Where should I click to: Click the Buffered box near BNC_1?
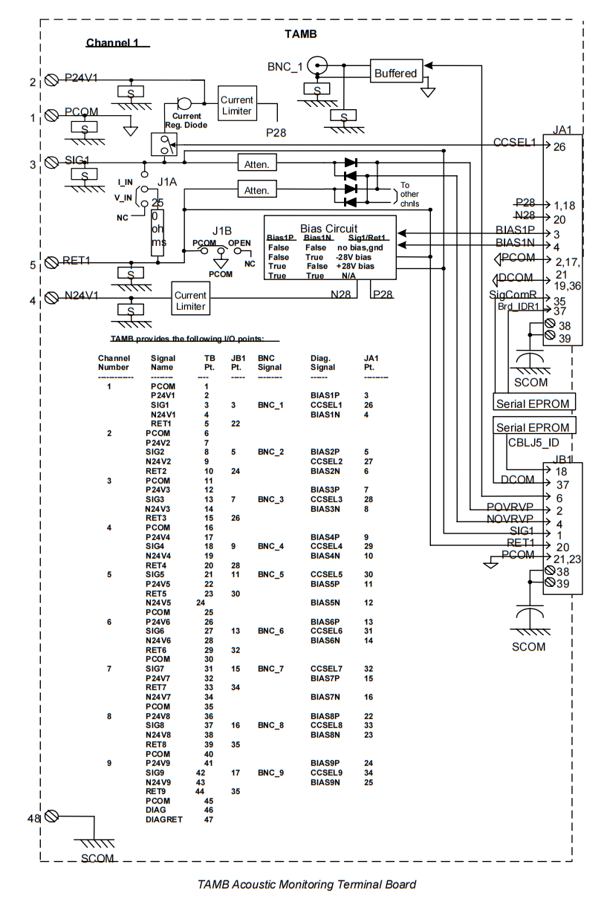395,73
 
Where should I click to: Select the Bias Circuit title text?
328,228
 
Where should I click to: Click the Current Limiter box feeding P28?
237,105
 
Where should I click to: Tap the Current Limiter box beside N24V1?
190,300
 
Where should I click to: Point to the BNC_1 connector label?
285,67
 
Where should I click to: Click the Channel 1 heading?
113,42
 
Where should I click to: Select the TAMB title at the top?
301,33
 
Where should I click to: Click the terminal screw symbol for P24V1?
51,79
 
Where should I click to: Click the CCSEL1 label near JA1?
514,143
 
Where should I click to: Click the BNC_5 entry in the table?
270,574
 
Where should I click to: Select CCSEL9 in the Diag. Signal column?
326,773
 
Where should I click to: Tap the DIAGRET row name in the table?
163,820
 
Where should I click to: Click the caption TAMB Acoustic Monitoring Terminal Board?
306,884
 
